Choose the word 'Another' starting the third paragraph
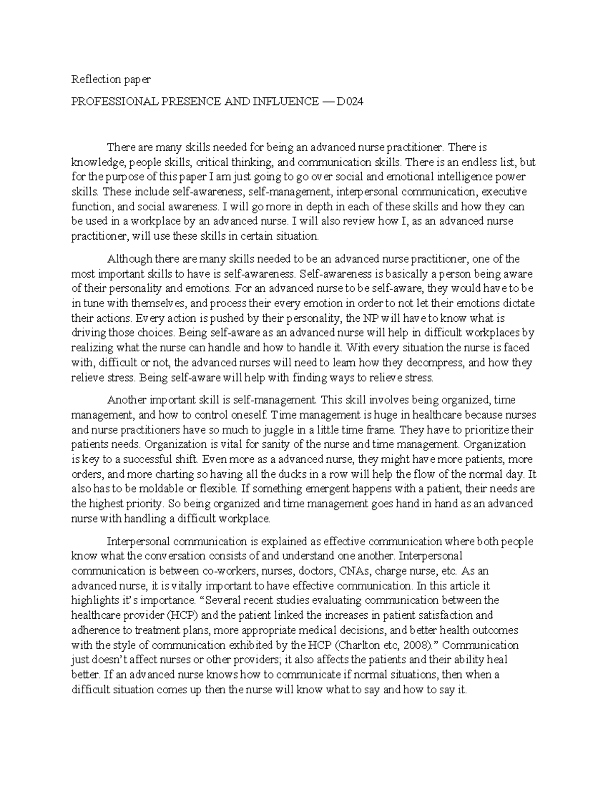tap(125, 400)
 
